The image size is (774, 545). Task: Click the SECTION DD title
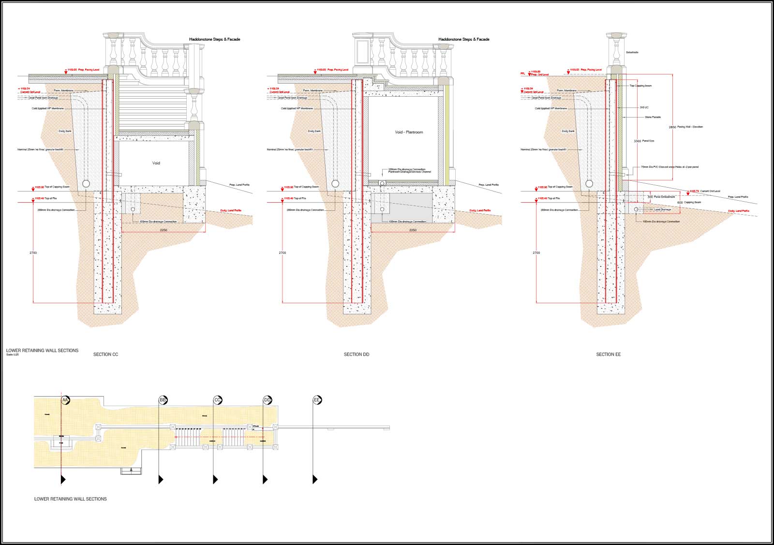click(357, 354)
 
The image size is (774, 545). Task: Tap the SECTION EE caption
click(608, 354)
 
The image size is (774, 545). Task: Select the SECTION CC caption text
click(105, 354)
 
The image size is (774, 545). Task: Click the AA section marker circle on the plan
click(65, 400)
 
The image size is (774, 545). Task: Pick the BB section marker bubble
click(163, 400)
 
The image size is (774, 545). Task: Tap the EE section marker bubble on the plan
click(317, 400)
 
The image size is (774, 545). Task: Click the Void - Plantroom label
click(409, 132)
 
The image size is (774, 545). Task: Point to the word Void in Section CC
click(156, 163)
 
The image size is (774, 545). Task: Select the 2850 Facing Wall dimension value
click(672, 127)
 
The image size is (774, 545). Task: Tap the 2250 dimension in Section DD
click(413, 230)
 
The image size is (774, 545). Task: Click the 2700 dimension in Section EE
click(536, 253)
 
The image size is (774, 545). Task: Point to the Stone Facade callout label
click(653, 117)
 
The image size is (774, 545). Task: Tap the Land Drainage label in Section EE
click(662, 209)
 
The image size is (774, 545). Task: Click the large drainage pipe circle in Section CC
click(86, 184)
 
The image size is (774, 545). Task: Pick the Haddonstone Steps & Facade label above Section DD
click(463, 39)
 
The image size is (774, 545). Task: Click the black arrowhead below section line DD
click(265, 480)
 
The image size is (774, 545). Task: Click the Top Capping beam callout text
click(640, 86)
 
